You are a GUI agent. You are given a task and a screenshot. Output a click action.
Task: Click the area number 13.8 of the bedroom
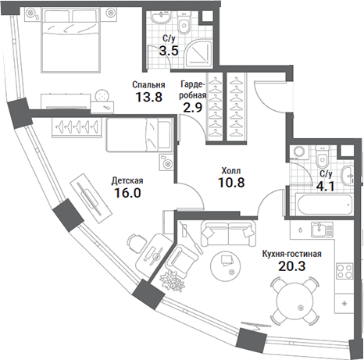pyautogui.click(x=149, y=97)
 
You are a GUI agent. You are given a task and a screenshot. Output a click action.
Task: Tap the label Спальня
pyautogui.click(x=148, y=85)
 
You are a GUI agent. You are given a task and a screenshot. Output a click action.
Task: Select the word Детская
pyautogui.click(x=127, y=180)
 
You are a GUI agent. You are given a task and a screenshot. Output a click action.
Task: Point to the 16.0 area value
pyautogui.click(x=127, y=193)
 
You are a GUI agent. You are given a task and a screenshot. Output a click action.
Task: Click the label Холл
pyautogui.click(x=231, y=171)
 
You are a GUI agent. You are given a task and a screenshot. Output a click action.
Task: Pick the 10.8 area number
pyautogui.click(x=231, y=183)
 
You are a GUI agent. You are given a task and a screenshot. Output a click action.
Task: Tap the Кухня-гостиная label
pyautogui.click(x=291, y=254)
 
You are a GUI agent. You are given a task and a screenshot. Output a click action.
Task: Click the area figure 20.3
pyautogui.click(x=291, y=266)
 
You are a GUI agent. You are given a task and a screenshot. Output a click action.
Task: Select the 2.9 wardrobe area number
pyautogui.click(x=193, y=107)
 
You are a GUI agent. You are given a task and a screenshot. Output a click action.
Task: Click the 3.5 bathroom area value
pyautogui.click(x=169, y=51)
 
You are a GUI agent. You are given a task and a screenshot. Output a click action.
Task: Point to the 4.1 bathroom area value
pyautogui.click(x=326, y=186)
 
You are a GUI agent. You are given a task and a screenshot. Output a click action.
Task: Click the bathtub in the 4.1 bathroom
pyautogui.click(x=324, y=205)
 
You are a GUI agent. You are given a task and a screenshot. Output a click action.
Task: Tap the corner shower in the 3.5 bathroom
pyautogui.click(x=200, y=53)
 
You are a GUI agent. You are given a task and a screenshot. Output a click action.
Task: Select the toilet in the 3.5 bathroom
pyautogui.click(x=184, y=23)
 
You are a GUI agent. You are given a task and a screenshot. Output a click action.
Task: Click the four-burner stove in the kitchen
pyautogui.click(x=344, y=271)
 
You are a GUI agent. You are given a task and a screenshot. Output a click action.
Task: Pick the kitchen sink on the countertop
pyautogui.click(x=323, y=230)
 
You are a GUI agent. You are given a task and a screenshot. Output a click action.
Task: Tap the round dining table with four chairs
pyautogui.click(x=294, y=301)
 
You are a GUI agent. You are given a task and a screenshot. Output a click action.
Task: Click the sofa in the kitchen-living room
pyautogui.click(x=228, y=233)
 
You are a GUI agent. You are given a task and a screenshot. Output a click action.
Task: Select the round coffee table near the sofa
pyautogui.click(x=226, y=266)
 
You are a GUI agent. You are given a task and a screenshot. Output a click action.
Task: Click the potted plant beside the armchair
pyautogui.click(x=172, y=281)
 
